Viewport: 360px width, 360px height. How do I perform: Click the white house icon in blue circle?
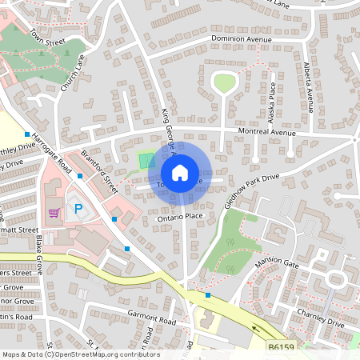(x=180, y=172)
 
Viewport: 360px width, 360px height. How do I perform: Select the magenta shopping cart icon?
(x=54, y=212)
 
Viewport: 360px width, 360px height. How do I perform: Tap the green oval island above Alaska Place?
(x=224, y=82)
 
